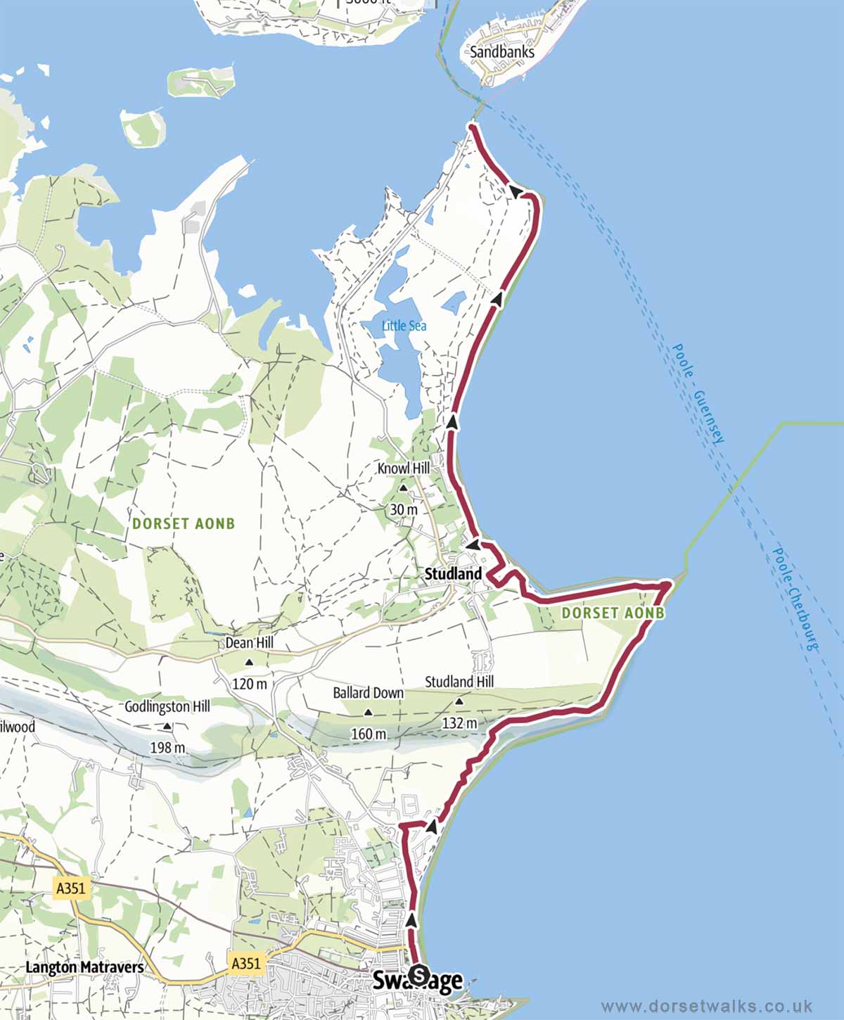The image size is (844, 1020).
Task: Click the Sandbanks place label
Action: (502, 51)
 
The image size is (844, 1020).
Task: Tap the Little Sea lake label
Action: (404, 326)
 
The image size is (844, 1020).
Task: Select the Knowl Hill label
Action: (403, 468)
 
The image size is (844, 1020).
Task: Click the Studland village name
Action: (454, 574)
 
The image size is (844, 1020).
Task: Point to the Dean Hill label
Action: (249, 643)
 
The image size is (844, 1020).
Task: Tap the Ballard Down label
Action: (368, 693)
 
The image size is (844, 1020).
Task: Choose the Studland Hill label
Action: (459, 682)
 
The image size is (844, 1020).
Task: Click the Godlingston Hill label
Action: (167, 706)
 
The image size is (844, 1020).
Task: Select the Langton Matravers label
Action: (84, 967)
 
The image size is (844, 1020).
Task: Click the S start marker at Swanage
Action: (418, 975)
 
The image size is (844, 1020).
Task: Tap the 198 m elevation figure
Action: (167, 747)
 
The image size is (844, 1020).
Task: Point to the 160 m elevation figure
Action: (369, 734)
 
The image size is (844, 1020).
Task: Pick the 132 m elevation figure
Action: (459, 722)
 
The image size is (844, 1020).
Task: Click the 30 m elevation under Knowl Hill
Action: (403, 509)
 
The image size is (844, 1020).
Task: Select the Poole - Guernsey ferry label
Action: (698, 393)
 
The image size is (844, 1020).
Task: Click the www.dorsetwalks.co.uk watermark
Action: (707, 1006)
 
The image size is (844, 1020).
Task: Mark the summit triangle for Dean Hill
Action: (249, 662)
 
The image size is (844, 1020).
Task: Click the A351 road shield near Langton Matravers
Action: (70, 888)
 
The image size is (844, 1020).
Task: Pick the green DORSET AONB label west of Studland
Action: (184, 523)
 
